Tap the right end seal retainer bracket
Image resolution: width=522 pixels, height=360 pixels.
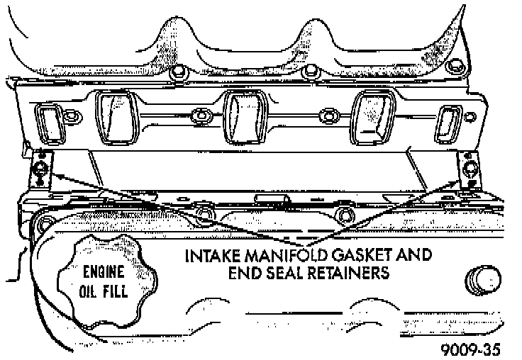470,170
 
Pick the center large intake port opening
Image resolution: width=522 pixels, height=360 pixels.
239,116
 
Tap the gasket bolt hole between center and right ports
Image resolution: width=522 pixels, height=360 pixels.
327,115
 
